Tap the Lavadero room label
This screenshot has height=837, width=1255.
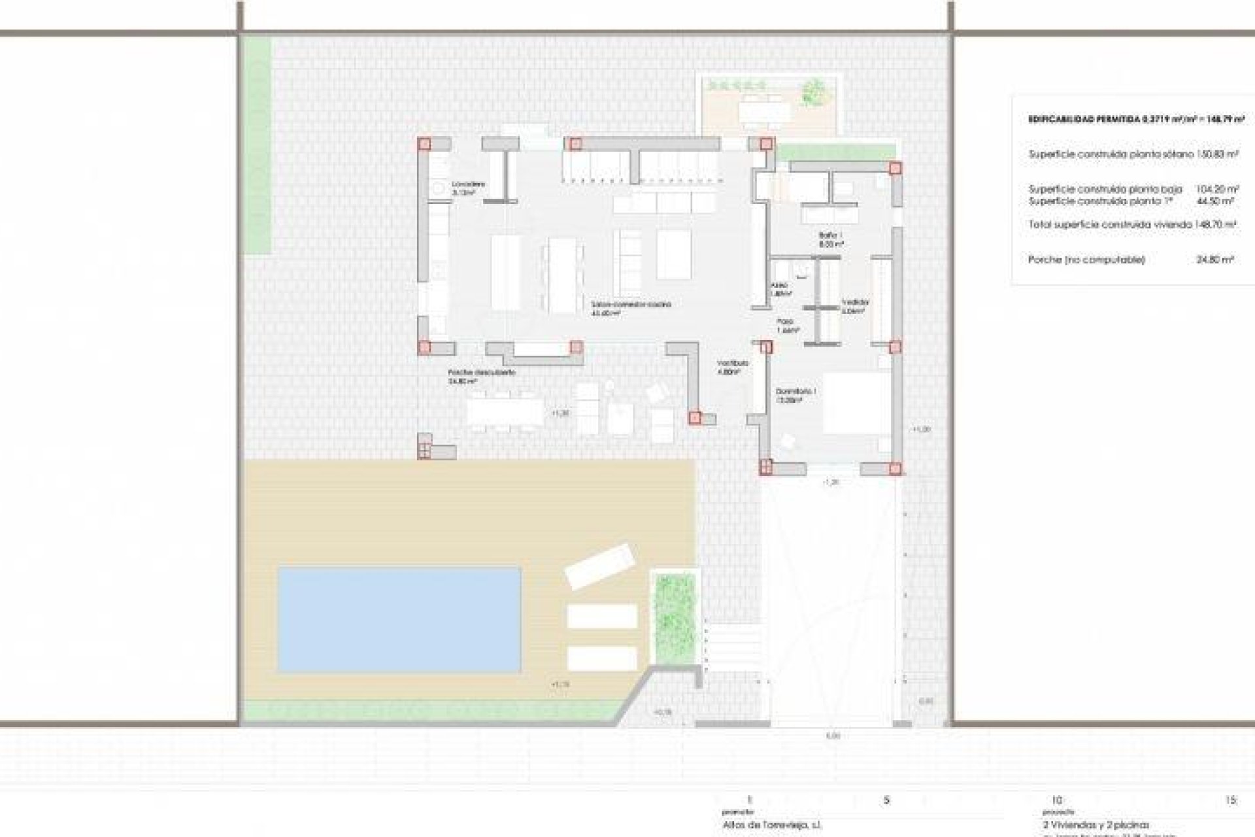(469, 184)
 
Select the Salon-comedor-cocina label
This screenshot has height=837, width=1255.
(631, 305)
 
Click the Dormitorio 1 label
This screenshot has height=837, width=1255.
(795, 392)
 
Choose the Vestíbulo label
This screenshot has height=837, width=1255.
(731, 363)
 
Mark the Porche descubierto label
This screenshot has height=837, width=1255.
(482, 373)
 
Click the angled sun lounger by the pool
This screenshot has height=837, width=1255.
(600, 566)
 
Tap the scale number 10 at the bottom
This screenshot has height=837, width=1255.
(1057, 800)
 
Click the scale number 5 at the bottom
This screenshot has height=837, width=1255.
(886, 800)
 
